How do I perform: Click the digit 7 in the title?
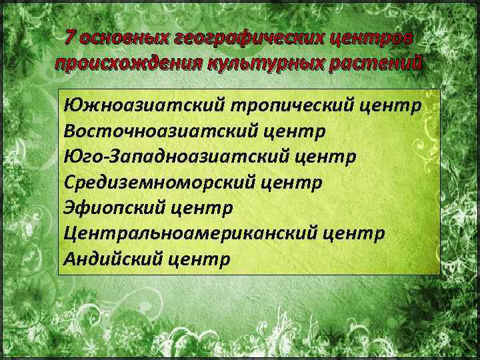(x=71, y=38)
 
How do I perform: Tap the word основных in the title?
(x=123, y=38)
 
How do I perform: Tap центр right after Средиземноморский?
(x=291, y=182)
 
